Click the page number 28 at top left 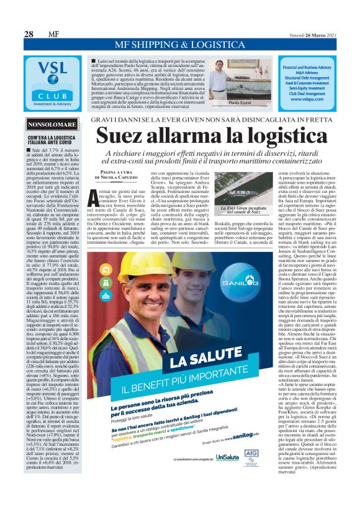29,34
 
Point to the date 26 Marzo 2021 317,34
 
